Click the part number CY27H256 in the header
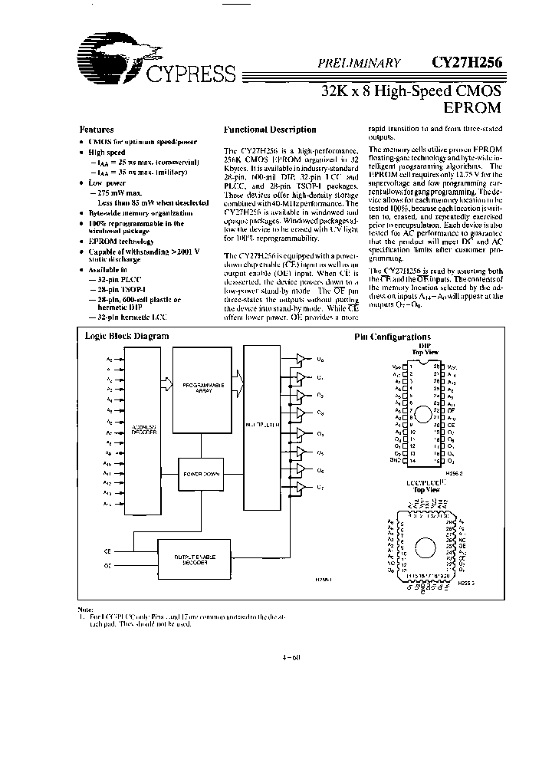click(x=464, y=64)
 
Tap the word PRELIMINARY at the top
click(x=360, y=65)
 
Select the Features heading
click(x=97, y=130)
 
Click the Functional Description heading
click(x=269, y=130)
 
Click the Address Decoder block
click(x=143, y=431)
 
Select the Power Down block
click(x=201, y=474)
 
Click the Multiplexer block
click(x=261, y=423)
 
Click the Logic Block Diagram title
click(x=127, y=336)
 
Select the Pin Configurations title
click(x=392, y=337)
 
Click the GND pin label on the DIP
click(x=395, y=461)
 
